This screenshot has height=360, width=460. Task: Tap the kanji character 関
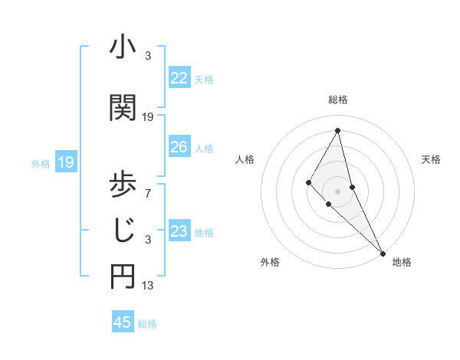coord(123,106)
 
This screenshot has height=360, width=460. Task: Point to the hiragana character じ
coord(123,229)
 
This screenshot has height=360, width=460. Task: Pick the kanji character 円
coord(123,277)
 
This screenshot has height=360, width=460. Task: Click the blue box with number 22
coord(179,78)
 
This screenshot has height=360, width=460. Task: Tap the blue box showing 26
coord(179,147)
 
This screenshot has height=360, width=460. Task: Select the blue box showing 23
coord(179,231)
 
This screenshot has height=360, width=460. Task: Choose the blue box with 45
coord(123,322)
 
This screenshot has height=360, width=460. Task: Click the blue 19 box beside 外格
coord(65,162)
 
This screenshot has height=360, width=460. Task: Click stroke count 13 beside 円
coord(148,286)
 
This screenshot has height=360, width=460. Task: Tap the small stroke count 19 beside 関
coord(148,116)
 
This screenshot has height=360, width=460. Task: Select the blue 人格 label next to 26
coord(204,148)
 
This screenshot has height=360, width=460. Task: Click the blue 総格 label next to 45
coord(147,323)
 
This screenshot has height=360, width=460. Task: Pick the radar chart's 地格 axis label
coord(402,262)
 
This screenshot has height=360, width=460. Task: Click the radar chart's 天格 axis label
coord(432,159)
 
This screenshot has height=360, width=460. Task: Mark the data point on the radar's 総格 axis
coord(337,130)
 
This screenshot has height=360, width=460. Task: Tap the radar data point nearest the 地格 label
coord(382,252)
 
